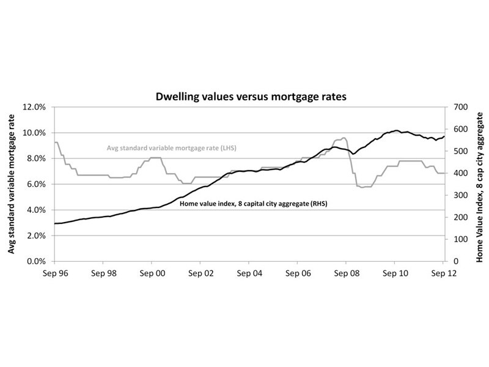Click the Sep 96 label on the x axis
pos(55,273)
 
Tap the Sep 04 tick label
pos(249,273)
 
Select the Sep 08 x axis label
pos(346,273)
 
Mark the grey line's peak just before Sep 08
pos(344,138)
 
